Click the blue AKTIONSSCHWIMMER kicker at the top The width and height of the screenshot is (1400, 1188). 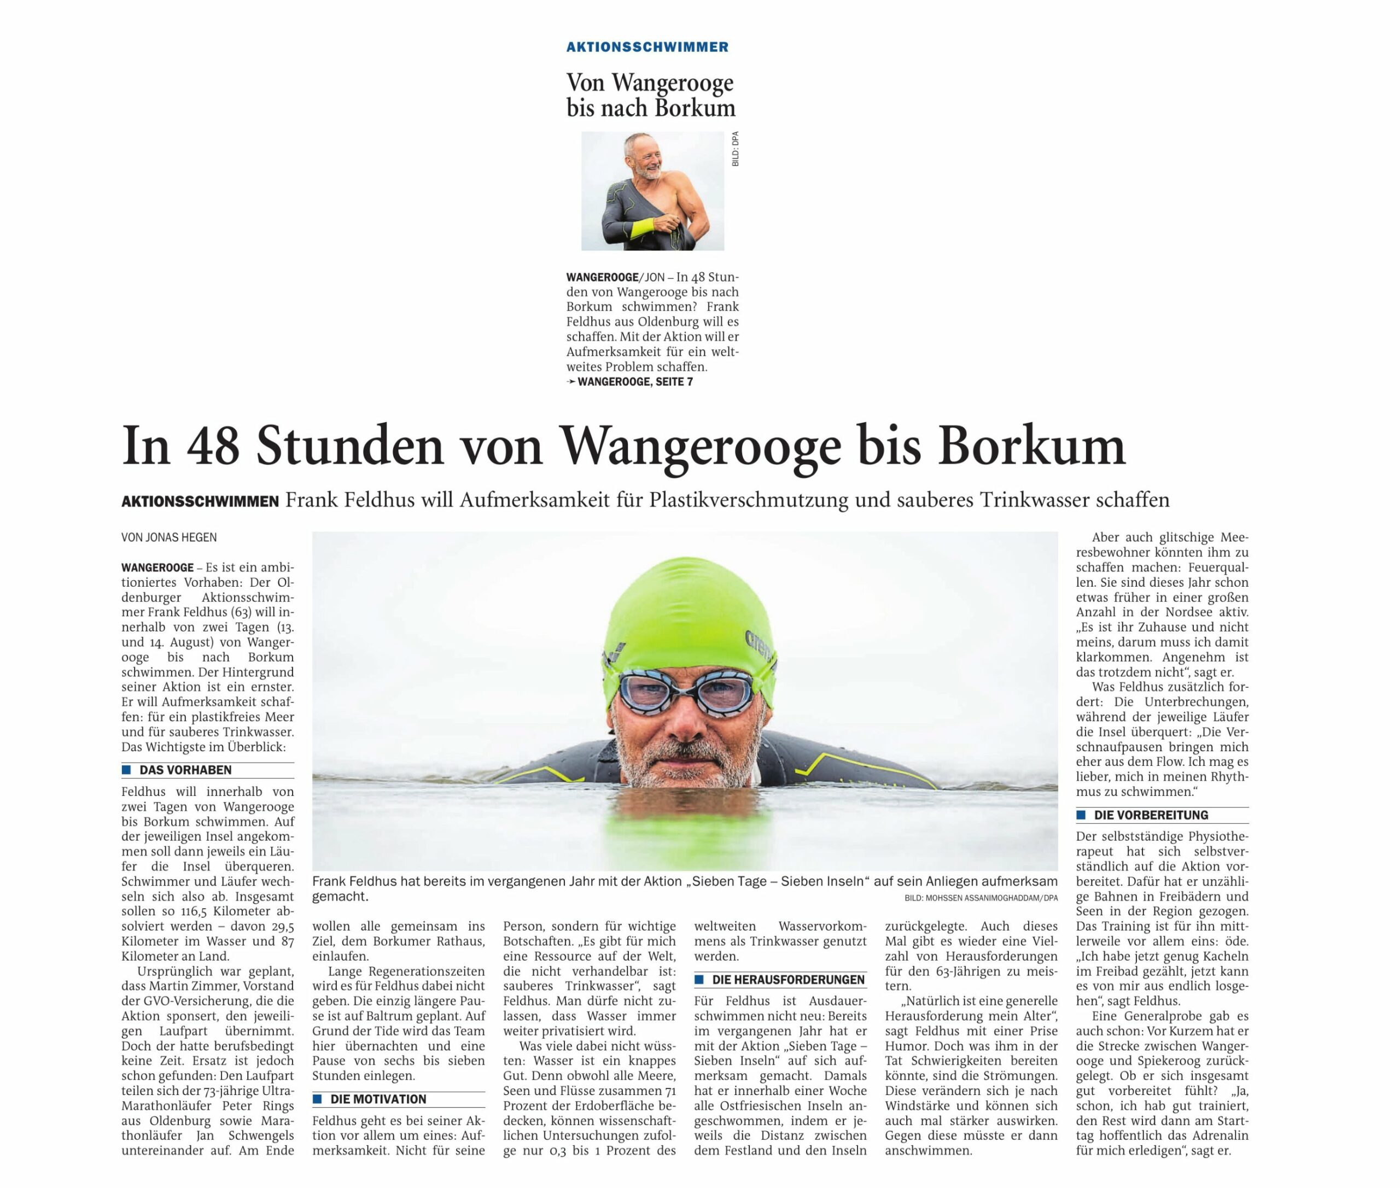click(647, 47)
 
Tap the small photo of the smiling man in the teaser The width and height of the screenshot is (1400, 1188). click(652, 191)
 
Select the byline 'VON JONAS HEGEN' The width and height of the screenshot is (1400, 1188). click(169, 537)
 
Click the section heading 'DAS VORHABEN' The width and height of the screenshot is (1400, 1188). click(185, 770)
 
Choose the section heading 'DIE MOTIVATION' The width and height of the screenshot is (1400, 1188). click(378, 1099)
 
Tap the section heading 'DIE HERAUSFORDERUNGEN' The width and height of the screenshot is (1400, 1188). click(788, 980)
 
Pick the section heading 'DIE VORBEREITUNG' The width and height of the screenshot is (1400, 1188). click(1151, 815)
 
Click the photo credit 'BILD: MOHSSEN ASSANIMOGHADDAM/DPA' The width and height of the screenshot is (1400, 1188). click(981, 898)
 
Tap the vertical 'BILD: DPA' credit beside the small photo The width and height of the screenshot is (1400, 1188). click(735, 149)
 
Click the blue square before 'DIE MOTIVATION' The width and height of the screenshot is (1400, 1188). click(317, 1099)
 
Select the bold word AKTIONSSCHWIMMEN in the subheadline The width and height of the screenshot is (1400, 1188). click(200, 501)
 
